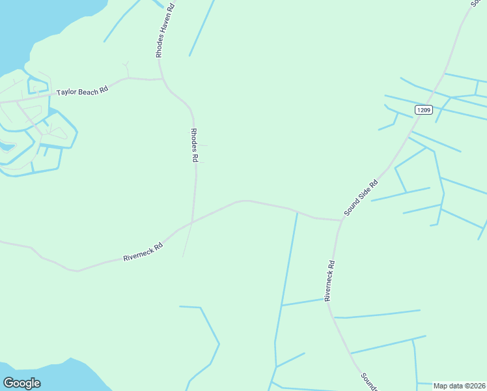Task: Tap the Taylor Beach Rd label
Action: click(81, 92)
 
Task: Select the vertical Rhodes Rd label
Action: click(194, 145)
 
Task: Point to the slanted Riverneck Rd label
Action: click(143, 253)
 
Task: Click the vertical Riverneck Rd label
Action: click(330, 280)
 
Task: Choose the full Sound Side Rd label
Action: click(361, 198)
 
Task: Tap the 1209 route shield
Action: click(423, 110)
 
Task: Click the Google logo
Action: click(21, 383)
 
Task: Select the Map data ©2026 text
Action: click(460, 386)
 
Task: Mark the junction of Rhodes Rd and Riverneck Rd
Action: click(192, 222)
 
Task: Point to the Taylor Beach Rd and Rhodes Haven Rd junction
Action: click(161, 79)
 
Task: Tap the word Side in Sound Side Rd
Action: click(364, 195)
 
